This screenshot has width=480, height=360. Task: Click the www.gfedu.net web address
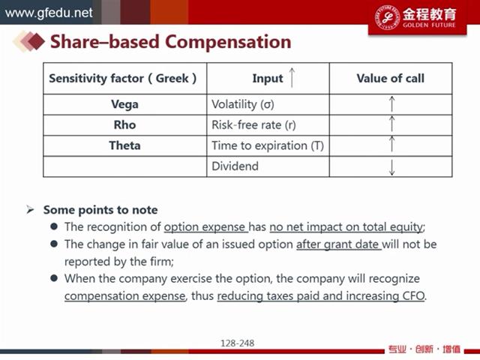coord(49,13)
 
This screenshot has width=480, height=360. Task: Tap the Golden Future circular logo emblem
coord(388,17)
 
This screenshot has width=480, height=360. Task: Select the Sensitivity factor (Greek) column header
coord(123,78)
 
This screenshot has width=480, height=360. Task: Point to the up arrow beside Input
coord(292,77)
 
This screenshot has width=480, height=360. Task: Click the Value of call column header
coord(391,78)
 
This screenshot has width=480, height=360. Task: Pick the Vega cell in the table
coord(125,105)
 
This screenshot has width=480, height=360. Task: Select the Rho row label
coord(125,125)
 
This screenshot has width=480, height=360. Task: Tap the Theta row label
coord(125,145)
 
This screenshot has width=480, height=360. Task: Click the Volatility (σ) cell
coord(243,104)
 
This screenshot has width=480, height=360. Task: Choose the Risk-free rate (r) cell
coord(253,125)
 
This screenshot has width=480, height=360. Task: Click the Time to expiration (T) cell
coord(268,145)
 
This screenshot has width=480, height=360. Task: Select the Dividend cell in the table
coord(235,166)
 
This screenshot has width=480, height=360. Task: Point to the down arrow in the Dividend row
coord(391,166)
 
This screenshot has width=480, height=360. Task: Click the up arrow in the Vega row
coord(391,103)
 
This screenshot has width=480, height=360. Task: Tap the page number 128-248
coord(238,343)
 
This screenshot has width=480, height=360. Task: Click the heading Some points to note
coord(100,210)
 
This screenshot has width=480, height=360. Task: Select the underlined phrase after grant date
coord(339,244)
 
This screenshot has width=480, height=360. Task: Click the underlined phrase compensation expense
coord(125,296)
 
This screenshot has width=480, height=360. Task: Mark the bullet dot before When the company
coord(54,278)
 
